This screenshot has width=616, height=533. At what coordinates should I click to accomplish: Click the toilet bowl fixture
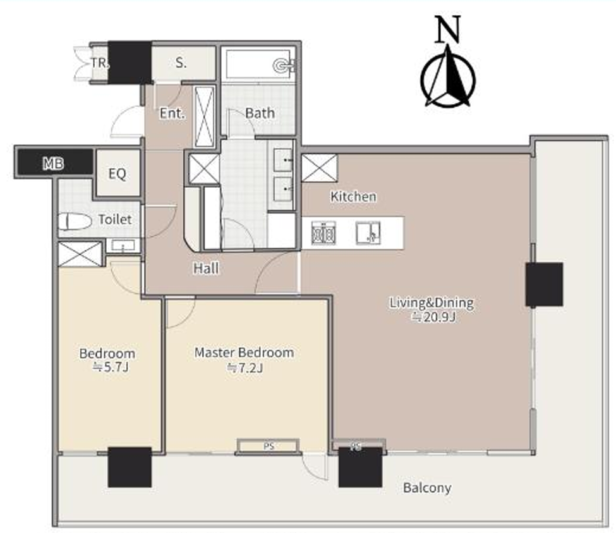[75, 222]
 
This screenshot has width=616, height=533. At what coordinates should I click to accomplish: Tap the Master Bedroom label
[244, 352]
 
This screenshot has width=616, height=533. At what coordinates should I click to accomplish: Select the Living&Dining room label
[432, 303]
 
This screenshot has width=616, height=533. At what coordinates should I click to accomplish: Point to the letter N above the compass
[447, 29]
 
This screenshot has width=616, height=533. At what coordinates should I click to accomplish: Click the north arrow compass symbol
[448, 76]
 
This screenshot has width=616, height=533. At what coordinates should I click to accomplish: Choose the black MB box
[54, 162]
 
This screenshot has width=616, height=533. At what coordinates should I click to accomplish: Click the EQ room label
[117, 173]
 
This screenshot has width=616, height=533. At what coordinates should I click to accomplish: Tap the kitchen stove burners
[323, 233]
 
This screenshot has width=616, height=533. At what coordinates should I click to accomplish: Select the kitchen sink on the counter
[368, 233]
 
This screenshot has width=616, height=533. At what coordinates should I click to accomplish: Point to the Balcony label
[427, 488]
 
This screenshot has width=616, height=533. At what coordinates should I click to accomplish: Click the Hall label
[206, 269]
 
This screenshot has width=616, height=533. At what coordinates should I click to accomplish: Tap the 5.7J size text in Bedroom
[111, 367]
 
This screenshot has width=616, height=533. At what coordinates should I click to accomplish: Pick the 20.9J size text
[433, 317]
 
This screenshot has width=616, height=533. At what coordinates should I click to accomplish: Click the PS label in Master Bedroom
[269, 446]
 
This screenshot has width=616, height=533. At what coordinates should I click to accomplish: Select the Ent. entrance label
[172, 114]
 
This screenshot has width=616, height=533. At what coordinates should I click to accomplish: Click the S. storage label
[181, 63]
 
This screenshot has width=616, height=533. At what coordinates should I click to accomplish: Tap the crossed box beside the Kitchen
[319, 168]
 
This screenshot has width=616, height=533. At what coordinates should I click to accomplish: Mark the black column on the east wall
[544, 285]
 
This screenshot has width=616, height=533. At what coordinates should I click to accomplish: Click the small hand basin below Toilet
[123, 246]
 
